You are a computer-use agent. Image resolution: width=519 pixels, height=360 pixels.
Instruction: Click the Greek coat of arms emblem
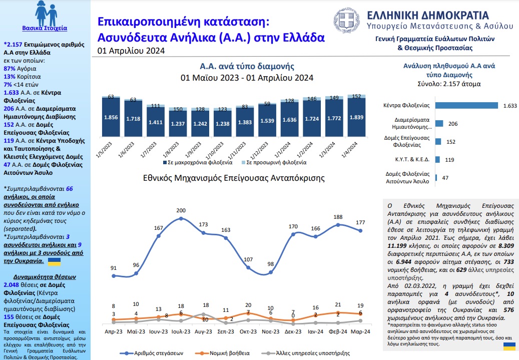[x=346, y=21]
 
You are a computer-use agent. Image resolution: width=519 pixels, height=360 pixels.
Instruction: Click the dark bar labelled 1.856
[x=111, y=117]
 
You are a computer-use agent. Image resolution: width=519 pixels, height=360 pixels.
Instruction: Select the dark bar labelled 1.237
[x=178, y=124]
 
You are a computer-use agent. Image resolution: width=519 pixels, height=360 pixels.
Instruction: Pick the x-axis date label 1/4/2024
[x=350, y=150]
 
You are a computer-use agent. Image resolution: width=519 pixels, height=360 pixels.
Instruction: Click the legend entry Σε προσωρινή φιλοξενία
[x=274, y=163]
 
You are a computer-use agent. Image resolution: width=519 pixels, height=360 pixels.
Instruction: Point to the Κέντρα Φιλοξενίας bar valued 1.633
[x=467, y=105]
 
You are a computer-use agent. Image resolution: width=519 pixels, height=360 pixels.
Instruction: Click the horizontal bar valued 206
[x=439, y=124]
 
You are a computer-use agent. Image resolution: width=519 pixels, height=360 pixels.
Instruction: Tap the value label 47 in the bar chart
[x=445, y=178]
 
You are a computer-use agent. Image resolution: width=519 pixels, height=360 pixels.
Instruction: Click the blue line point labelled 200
[x=181, y=219]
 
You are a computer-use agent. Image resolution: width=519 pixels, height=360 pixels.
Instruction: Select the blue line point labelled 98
[x=271, y=272]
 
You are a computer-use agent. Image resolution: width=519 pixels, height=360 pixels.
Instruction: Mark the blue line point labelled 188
[x=338, y=224]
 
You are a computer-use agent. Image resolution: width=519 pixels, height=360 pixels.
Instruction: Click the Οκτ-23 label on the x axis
[x=248, y=331]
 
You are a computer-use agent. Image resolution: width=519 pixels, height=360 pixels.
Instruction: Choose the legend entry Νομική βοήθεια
[x=222, y=353]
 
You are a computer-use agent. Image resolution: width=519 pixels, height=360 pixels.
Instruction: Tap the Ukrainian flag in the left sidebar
[x=54, y=262]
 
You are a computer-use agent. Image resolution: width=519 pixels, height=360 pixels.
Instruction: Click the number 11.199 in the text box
[x=397, y=246]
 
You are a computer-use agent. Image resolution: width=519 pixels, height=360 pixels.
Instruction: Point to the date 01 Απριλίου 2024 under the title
[x=131, y=51]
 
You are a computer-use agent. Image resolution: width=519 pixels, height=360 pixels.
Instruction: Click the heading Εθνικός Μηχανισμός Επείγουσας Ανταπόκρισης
[x=234, y=178]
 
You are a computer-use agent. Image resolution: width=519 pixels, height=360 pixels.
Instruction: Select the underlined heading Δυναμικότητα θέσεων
[x=45, y=277]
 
